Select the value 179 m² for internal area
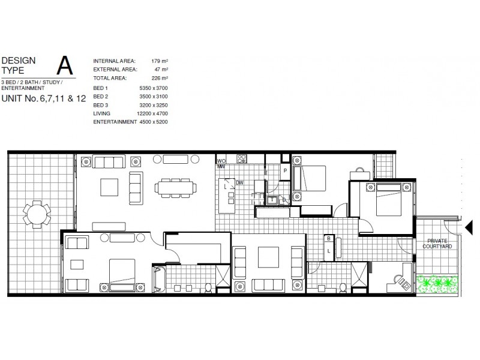pos(159,61)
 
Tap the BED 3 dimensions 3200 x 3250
pos(154,104)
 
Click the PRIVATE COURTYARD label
pos(436,243)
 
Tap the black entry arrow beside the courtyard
pos(470,227)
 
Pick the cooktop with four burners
pos(241,159)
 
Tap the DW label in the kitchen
pos(239,182)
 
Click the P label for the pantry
pos(286,170)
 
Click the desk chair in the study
pos(400,278)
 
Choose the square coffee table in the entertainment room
pos(268,257)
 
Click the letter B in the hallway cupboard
pos(329,239)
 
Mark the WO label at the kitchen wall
pos(221,161)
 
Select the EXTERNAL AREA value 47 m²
pos(160,70)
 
